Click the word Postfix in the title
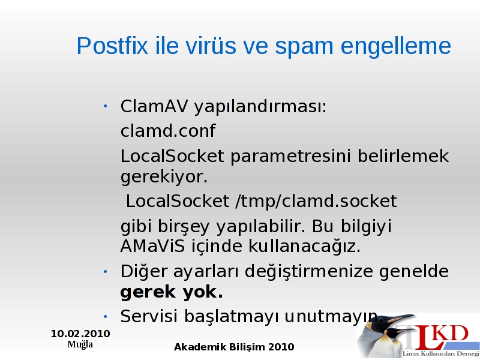click(x=112, y=46)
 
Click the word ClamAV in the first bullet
click(x=154, y=106)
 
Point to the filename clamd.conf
click(x=168, y=131)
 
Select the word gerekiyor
click(x=164, y=177)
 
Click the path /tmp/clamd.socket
click(x=316, y=202)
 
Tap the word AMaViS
click(x=152, y=246)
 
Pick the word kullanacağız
click(x=305, y=246)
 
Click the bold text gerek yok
click(x=172, y=292)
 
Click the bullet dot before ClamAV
click(x=106, y=106)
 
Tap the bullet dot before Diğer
click(x=106, y=272)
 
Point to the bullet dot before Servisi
click(x=106, y=317)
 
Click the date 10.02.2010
click(x=80, y=334)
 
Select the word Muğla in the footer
click(x=80, y=344)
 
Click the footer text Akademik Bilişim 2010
click(x=234, y=347)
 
